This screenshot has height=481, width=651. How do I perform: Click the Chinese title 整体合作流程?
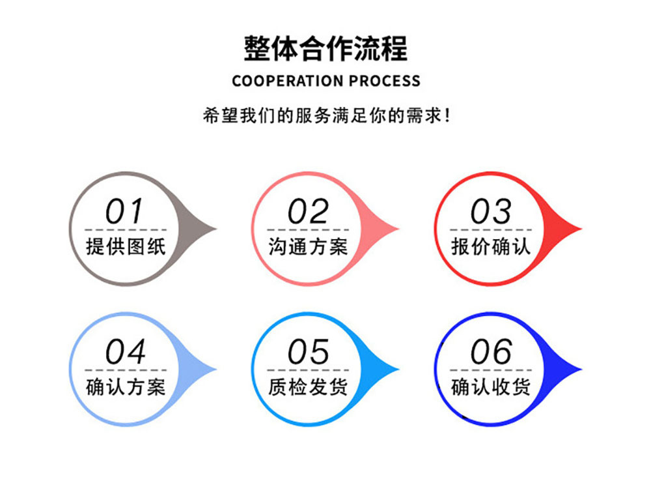(325, 49)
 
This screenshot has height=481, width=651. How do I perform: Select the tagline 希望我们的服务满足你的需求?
(325, 117)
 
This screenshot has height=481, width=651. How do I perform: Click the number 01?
(125, 212)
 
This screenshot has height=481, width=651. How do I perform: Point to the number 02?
(308, 212)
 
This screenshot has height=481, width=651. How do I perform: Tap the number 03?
(491, 212)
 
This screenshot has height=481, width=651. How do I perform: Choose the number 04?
(125, 353)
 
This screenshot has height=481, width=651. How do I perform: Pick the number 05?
(308, 353)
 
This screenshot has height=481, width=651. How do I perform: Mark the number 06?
(491, 353)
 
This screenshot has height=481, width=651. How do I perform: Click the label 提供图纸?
(126, 246)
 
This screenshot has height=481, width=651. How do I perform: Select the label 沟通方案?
(308, 246)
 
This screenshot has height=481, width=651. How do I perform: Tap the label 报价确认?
(491, 246)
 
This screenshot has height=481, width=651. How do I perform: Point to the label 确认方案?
(126, 387)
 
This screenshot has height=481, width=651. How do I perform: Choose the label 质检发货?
(308, 387)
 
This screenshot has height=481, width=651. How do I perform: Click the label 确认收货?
(491, 387)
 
